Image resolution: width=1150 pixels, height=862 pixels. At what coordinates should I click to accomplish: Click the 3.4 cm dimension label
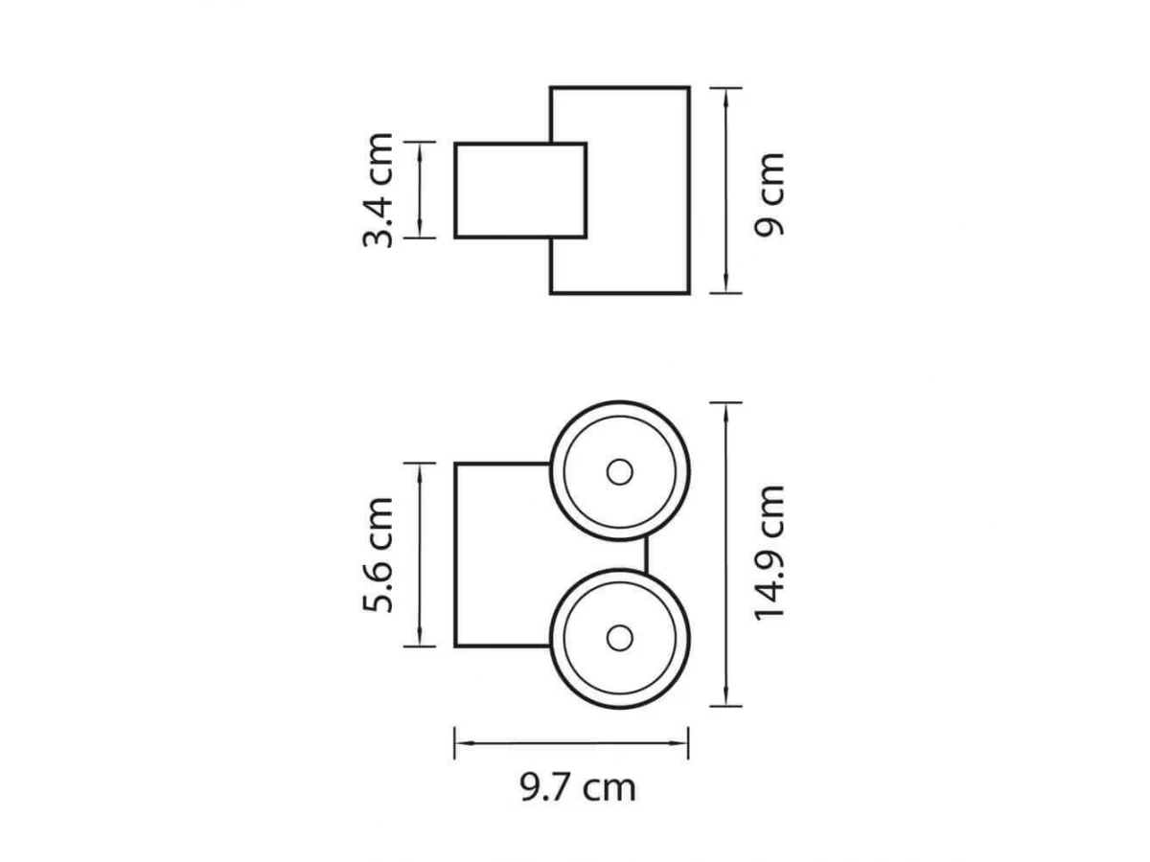(378, 191)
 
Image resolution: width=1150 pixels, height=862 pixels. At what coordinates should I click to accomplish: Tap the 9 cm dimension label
(769, 194)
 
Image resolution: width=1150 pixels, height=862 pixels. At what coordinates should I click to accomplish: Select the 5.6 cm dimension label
(378, 555)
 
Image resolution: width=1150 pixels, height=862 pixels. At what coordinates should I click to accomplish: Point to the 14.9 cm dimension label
(769, 554)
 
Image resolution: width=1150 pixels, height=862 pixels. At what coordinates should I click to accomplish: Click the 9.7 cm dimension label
(578, 787)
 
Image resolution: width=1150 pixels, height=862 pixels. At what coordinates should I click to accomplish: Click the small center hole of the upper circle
(620, 472)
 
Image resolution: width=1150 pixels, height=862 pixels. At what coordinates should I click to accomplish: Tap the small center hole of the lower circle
(620, 638)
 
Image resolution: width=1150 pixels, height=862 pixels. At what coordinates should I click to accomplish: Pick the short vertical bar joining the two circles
(646, 555)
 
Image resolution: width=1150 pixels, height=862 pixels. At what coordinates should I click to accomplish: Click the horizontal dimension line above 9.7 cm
(571, 742)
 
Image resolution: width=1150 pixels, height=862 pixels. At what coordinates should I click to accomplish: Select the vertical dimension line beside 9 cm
(725, 191)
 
